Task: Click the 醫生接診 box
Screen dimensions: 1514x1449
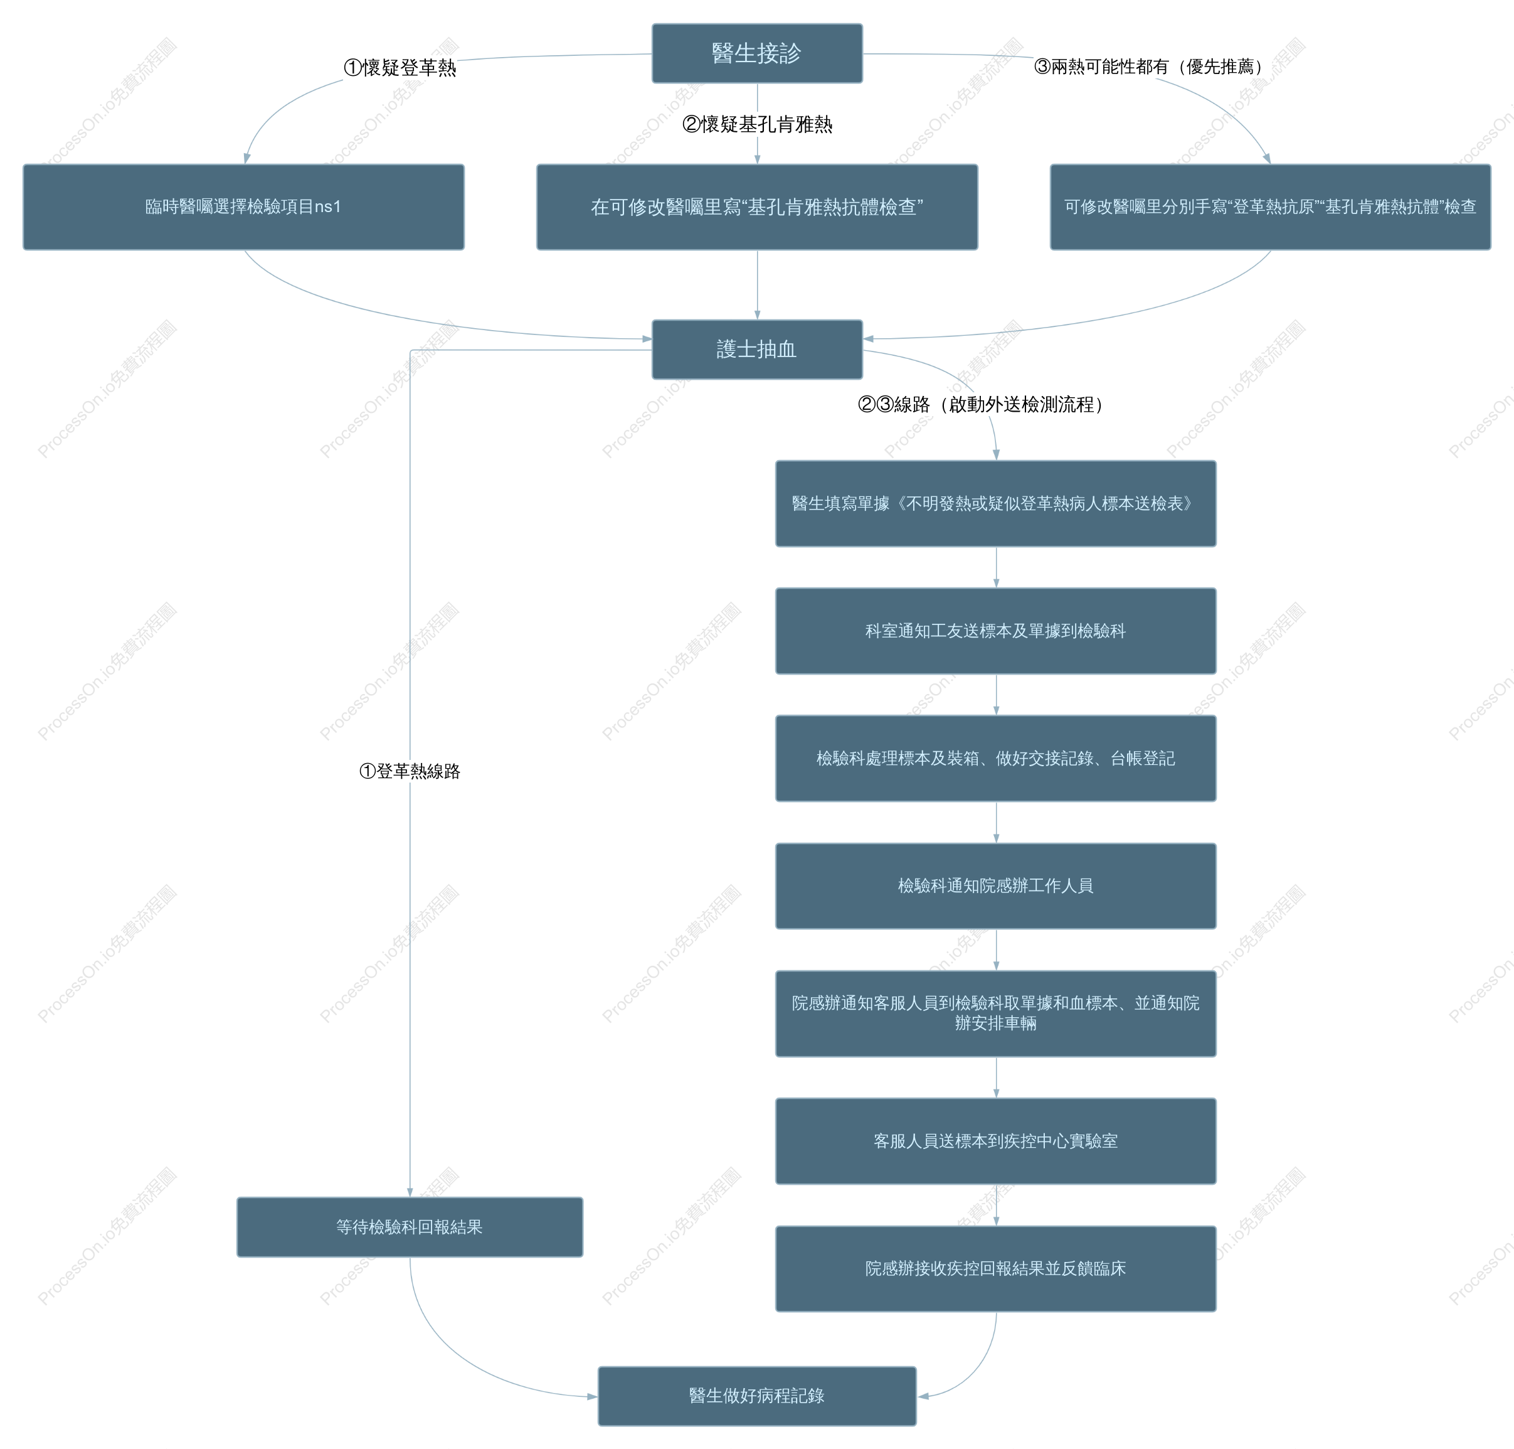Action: pyautogui.click(x=756, y=53)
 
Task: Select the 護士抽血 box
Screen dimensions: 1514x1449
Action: pyautogui.click(x=756, y=349)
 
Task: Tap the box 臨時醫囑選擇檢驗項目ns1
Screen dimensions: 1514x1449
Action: pyautogui.click(x=243, y=207)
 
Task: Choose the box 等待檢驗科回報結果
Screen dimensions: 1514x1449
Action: pyautogui.click(x=409, y=1227)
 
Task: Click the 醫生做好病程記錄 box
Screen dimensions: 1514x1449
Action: pyautogui.click(x=756, y=1396)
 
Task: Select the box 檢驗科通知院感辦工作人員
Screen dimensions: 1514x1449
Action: pyautogui.click(x=995, y=886)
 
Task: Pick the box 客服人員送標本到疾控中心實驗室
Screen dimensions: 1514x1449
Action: pyautogui.click(x=995, y=1141)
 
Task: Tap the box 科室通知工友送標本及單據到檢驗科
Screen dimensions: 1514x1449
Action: pyautogui.click(x=995, y=631)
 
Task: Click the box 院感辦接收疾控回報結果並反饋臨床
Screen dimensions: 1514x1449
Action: pyautogui.click(x=995, y=1268)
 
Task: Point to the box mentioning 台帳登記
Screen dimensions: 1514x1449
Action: pyautogui.click(x=995, y=759)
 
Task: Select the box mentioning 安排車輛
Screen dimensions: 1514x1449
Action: pyautogui.click(x=995, y=1013)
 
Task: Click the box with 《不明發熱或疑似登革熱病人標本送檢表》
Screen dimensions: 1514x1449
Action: pyautogui.click(x=995, y=503)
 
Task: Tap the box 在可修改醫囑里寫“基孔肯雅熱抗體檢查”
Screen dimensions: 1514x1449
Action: pyautogui.click(x=756, y=207)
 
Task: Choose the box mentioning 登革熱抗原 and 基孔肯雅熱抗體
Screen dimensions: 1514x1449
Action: pyautogui.click(x=1270, y=207)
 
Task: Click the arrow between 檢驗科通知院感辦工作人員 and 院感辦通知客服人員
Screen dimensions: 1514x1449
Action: pyautogui.click(x=996, y=949)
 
